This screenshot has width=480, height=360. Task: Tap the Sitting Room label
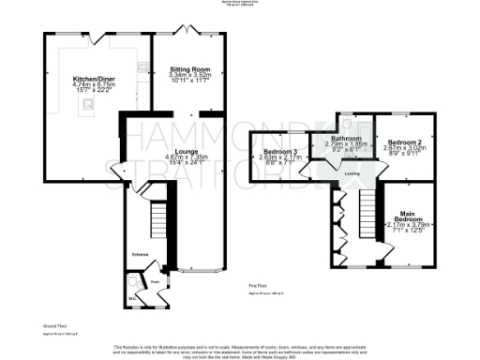tap(188, 69)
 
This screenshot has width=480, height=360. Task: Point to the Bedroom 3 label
tap(280, 152)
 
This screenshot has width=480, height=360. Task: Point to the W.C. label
tap(132, 297)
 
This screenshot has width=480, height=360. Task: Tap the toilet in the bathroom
tap(347, 122)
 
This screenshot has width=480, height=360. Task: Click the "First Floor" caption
tap(260, 283)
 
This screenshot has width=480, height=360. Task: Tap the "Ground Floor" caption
tap(57, 328)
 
